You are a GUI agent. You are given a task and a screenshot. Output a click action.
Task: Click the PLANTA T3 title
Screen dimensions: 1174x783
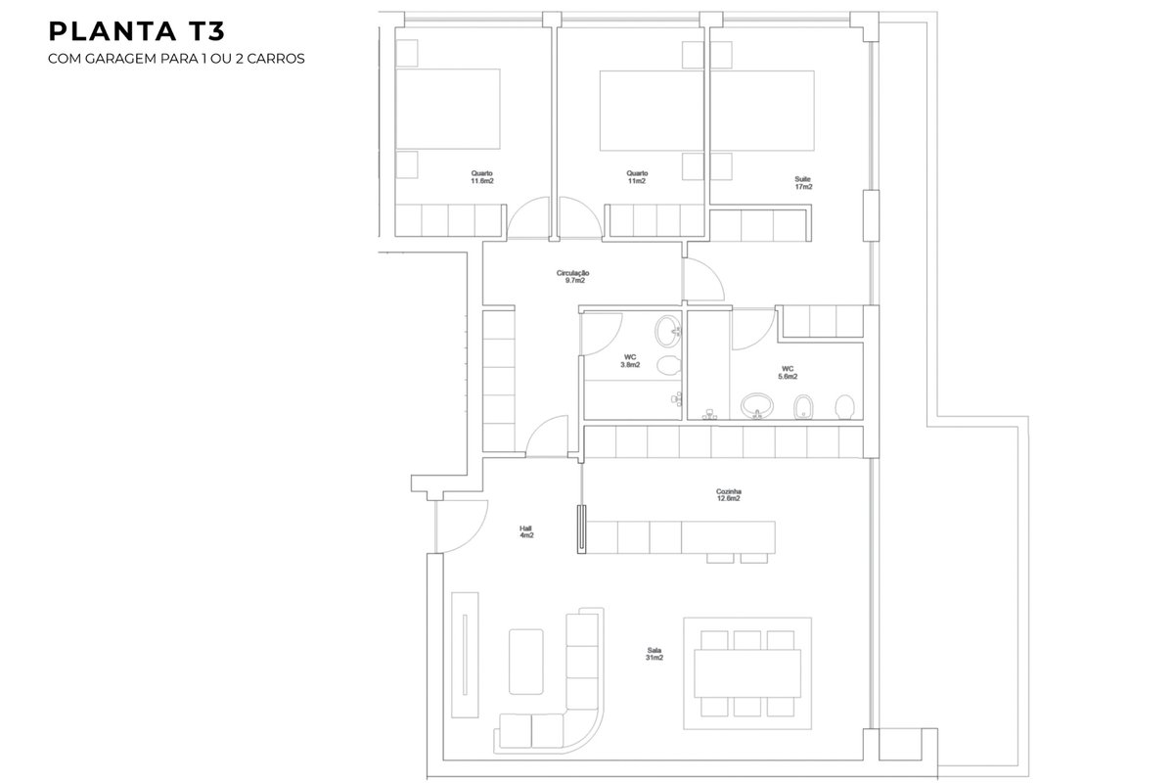136,31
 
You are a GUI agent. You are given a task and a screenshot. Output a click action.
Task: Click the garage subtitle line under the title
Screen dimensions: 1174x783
176,58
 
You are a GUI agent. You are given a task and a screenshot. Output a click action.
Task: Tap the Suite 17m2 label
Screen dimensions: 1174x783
803,182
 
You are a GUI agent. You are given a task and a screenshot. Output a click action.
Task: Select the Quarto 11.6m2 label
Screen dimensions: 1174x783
481,177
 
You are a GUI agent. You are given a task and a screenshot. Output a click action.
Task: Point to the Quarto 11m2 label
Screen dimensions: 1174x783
637,177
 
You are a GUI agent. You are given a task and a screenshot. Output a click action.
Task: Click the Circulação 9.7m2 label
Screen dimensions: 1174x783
573,276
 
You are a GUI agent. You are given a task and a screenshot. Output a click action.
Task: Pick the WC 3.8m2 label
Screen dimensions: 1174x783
630,361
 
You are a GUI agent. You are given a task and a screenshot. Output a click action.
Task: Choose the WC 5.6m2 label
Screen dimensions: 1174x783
788,372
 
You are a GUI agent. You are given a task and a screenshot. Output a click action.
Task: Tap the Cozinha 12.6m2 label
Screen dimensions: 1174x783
729,495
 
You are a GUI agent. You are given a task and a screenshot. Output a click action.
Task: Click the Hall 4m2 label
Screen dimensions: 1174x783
526,531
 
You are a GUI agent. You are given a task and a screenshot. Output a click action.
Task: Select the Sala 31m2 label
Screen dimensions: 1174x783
655,654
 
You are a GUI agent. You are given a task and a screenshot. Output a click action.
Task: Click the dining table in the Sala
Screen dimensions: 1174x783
747,673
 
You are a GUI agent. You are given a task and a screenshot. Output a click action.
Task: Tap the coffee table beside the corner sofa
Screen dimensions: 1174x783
525,662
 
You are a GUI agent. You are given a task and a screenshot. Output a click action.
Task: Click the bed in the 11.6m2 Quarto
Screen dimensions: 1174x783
448,109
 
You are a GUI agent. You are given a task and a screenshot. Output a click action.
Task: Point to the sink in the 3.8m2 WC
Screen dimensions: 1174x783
668,331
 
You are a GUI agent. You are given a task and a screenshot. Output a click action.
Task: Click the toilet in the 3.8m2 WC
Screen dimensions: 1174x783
669,365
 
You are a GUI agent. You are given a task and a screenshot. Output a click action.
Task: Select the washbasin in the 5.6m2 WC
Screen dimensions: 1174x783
757,406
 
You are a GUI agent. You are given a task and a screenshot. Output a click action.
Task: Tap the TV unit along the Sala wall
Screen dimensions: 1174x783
465,655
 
